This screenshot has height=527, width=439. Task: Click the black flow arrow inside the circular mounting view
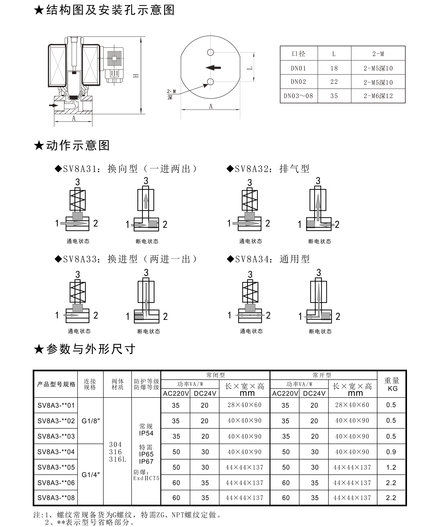213,67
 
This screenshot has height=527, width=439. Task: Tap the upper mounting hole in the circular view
211,52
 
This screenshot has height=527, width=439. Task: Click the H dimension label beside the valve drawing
136,75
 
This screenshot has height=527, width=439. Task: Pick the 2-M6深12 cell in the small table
378,96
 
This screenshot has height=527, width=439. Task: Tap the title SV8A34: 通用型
272,259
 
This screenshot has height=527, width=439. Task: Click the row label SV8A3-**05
56,467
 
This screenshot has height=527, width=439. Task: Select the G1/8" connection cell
90,421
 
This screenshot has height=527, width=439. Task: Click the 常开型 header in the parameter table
322,375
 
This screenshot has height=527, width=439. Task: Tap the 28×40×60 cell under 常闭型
244,405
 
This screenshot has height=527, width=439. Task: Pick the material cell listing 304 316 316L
117,452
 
